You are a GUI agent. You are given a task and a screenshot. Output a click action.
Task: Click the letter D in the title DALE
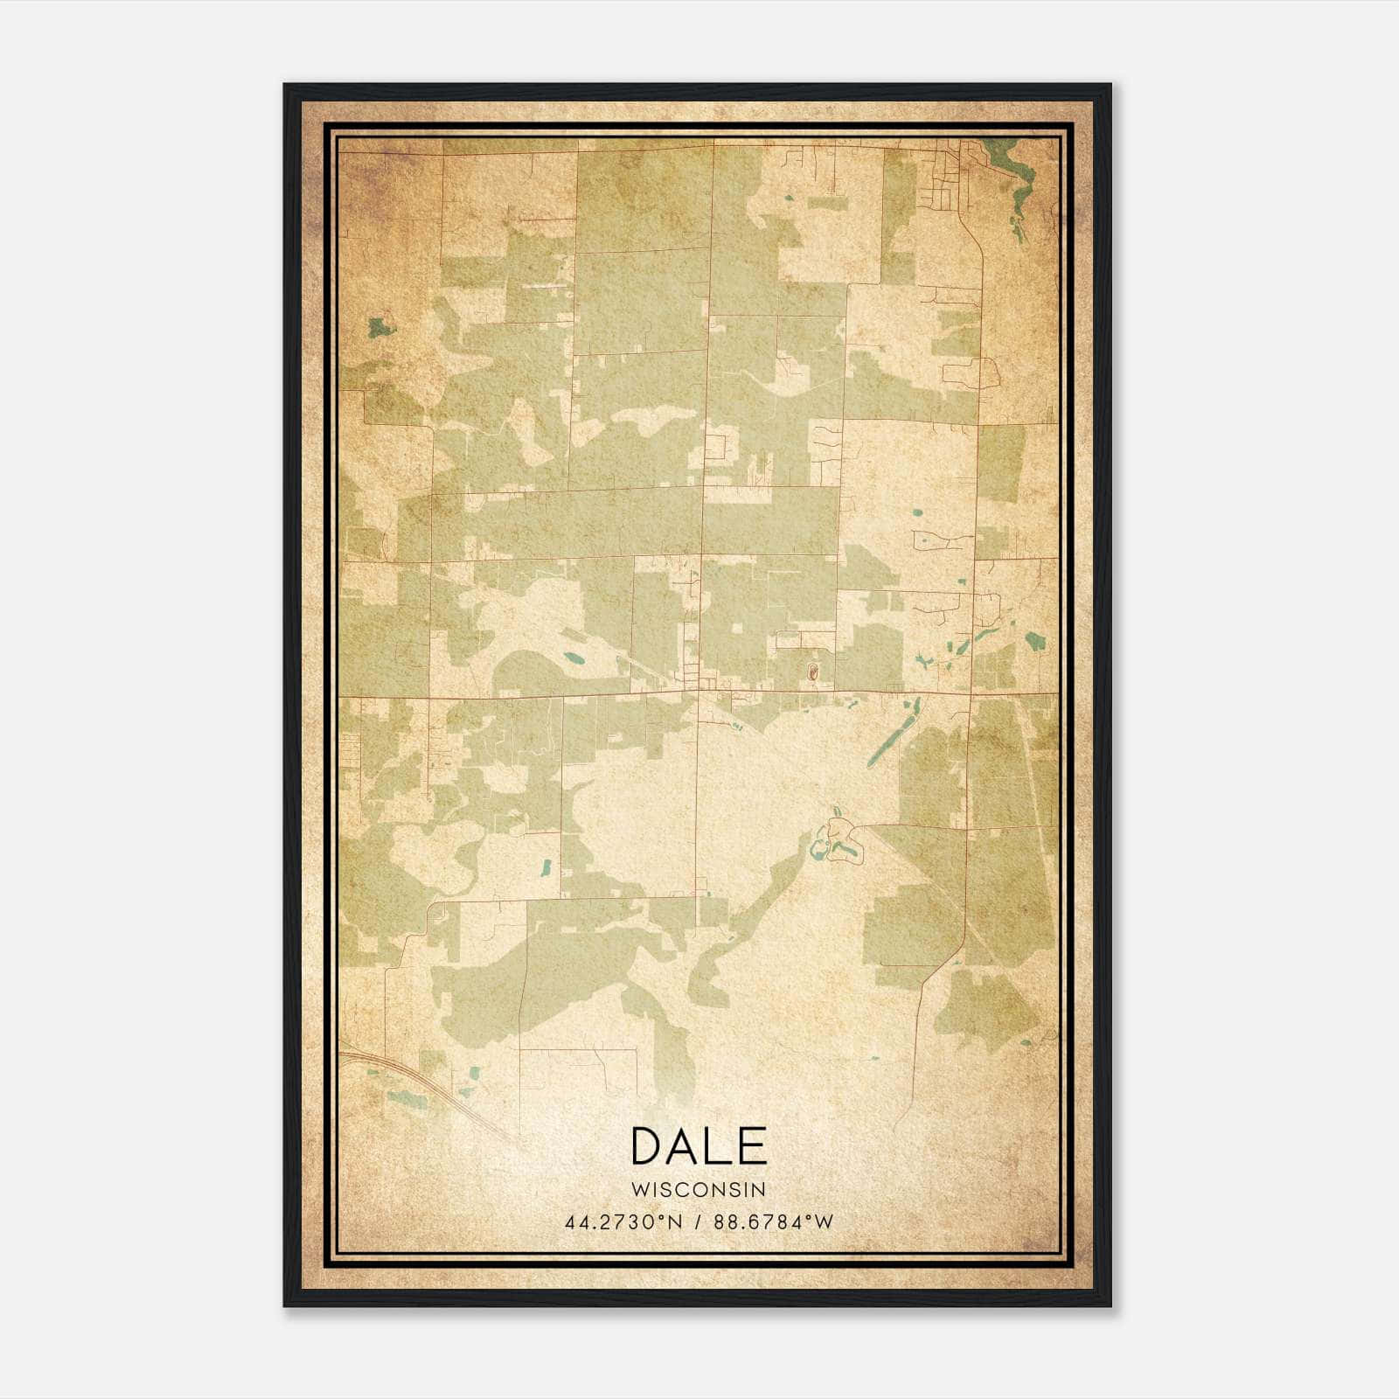[649, 1146]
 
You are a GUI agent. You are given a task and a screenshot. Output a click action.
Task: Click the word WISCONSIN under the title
[699, 1189]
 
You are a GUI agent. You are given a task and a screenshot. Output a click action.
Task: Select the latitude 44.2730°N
[623, 1222]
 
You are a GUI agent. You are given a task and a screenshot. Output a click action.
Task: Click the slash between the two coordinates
[698, 1222]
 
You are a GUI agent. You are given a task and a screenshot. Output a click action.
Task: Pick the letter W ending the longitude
[825, 1222]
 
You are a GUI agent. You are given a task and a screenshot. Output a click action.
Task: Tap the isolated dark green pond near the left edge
[379, 328]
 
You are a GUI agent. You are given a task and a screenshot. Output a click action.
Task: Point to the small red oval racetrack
[812, 672]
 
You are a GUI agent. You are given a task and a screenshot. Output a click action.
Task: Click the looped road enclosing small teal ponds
[838, 841]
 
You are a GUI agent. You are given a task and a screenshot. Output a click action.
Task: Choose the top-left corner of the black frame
[285, 86]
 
